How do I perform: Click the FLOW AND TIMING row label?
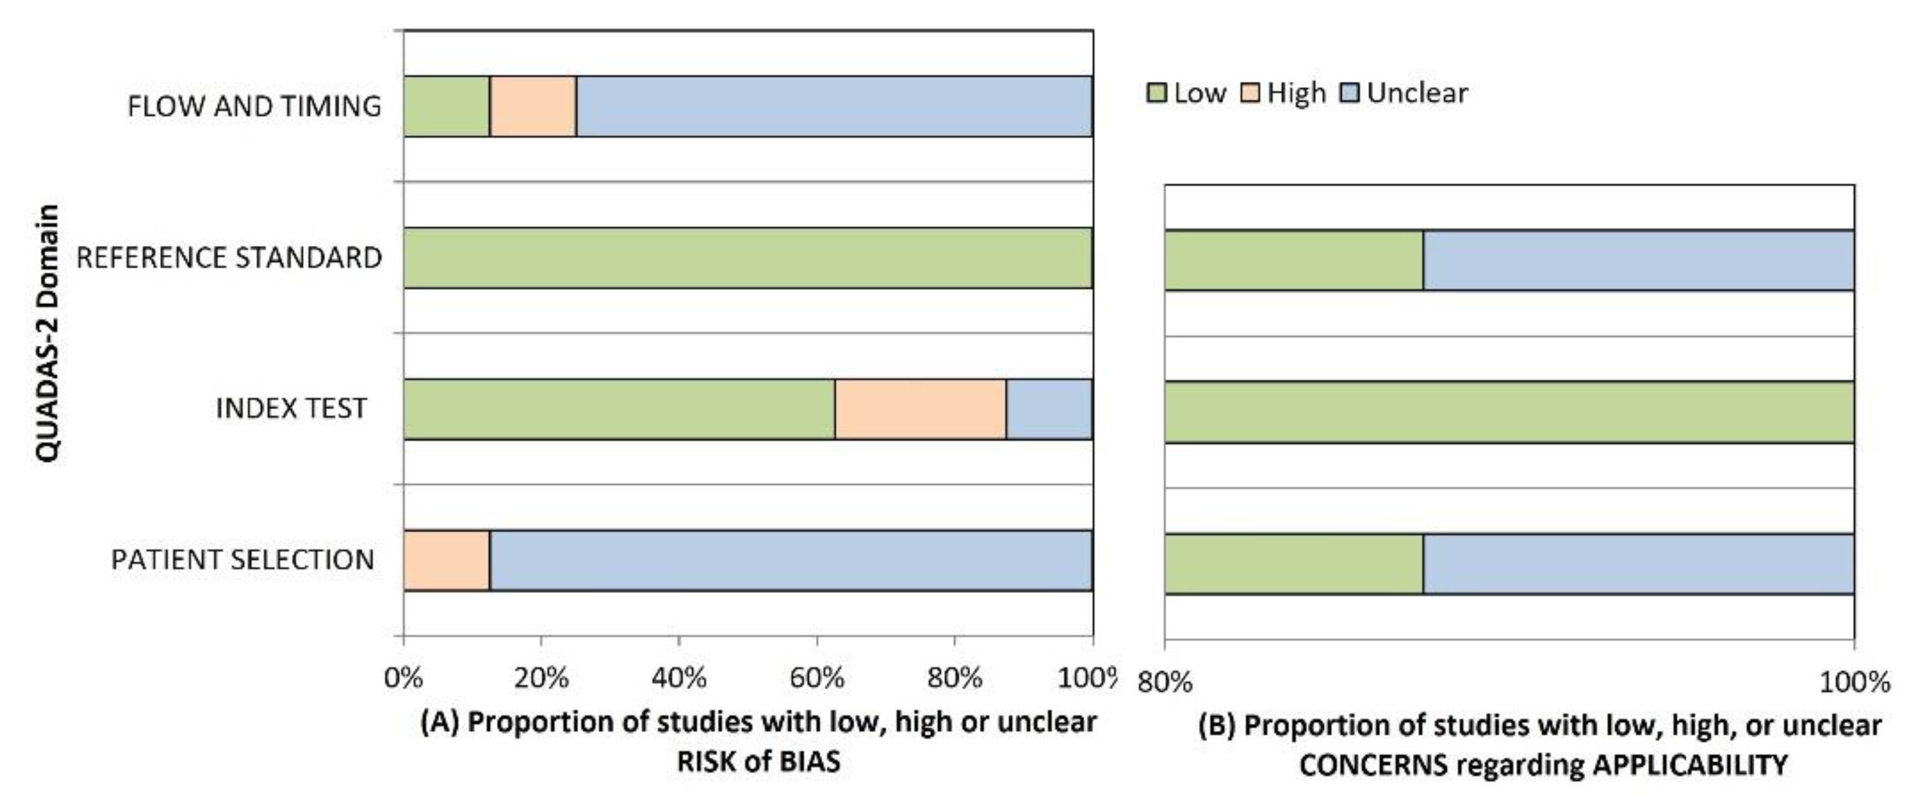pos(254,107)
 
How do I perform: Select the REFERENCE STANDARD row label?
pos(229,258)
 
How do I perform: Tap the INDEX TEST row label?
pos(292,409)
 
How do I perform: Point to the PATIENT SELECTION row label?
pos(243,560)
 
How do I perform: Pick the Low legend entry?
pos(1187,93)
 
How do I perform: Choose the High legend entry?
pos(1285,93)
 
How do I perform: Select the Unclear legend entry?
pos(1405,93)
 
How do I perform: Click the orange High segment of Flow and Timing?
pos(533,107)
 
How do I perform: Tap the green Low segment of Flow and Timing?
pos(446,107)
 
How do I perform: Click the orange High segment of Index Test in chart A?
pos(921,409)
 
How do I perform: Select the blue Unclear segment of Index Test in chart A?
pos(1049,409)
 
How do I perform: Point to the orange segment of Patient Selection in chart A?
pos(446,560)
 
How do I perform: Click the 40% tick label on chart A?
pos(679,678)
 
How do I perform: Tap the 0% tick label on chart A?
pos(403,678)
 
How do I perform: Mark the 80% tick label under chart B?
pos(1165,681)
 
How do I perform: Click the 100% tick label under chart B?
pos(1854,681)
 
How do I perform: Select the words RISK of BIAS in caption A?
pos(758,762)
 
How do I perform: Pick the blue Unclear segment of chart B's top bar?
pos(1638,260)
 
